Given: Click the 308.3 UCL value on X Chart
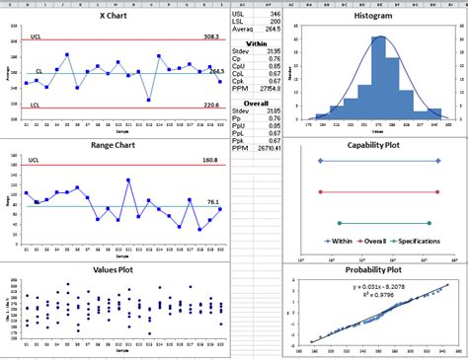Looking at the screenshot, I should (211, 36).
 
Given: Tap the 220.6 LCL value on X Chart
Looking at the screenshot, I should (211, 105).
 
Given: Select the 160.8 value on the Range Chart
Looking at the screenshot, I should (210, 159).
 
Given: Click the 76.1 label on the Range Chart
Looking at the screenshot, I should (213, 201).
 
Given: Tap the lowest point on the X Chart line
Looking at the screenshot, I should (148, 100).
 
